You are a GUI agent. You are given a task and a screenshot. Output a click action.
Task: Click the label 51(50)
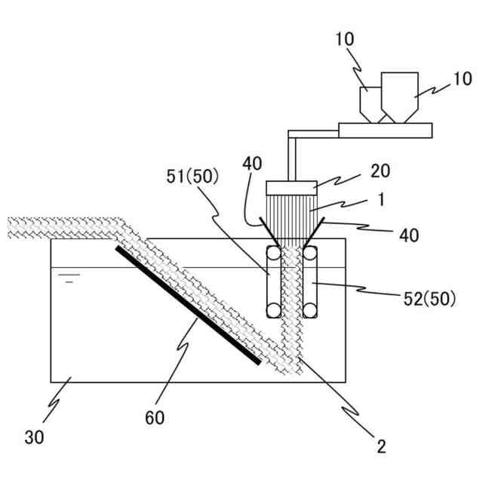[x=190, y=177]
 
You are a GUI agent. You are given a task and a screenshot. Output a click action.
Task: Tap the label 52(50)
[x=427, y=298]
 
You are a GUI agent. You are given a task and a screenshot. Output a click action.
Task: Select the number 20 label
[x=380, y=171]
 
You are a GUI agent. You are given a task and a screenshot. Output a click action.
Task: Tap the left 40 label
[x=251, y=162]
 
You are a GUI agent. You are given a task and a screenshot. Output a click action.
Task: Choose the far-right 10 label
[x=462, y=78]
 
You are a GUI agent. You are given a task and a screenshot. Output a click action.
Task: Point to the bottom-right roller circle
[x=309, y=309]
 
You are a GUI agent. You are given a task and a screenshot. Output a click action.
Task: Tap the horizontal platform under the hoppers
[x=386, y=131]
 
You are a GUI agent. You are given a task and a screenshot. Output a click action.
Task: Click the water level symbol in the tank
[x=69, y=278]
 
